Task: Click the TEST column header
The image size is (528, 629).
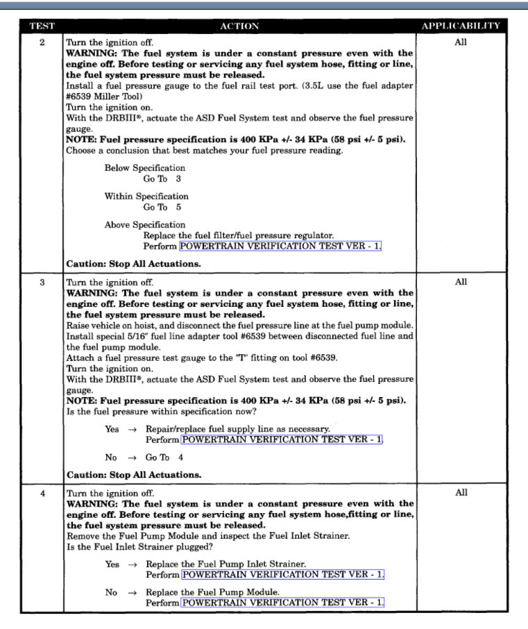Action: tap(42, 26)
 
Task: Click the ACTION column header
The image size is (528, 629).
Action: tap(239, 26)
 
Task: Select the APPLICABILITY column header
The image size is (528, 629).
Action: tap(461, 26)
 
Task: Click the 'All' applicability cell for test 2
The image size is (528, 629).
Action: tap(461, 42)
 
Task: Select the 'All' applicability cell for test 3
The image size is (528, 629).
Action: tap(461, 283)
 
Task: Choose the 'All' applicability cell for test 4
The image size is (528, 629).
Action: tap(461, 493)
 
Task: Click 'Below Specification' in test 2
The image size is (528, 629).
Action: tap(145, 168)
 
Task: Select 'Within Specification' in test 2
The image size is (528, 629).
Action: tap(146, 196)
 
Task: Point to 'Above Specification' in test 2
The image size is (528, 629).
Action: tap(145, 225)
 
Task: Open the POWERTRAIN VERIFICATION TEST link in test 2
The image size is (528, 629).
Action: tap(280, 246)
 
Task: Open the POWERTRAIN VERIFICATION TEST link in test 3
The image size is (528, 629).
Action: tap(282, 440)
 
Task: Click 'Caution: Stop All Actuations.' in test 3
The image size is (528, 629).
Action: tap(133, 476)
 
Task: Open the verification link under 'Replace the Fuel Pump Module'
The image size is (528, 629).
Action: tap(282, 603)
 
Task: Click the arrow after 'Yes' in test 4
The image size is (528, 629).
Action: tap(132, 564)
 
